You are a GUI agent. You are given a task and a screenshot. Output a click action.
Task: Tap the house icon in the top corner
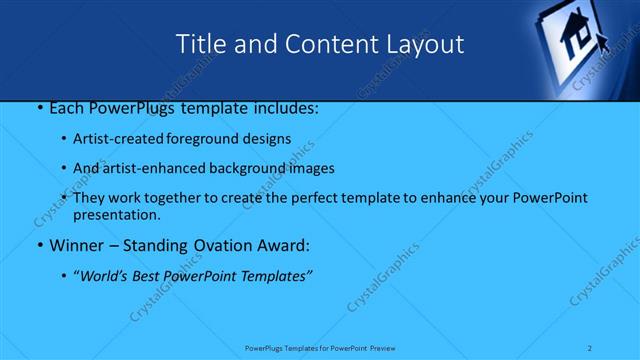[x=577, y=40]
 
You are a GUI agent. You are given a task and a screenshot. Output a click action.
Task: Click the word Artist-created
[x=114, y=138]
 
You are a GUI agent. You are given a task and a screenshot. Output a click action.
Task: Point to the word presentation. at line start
[x=116, y=214]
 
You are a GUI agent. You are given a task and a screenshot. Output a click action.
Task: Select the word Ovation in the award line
[x=226, y=245]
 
